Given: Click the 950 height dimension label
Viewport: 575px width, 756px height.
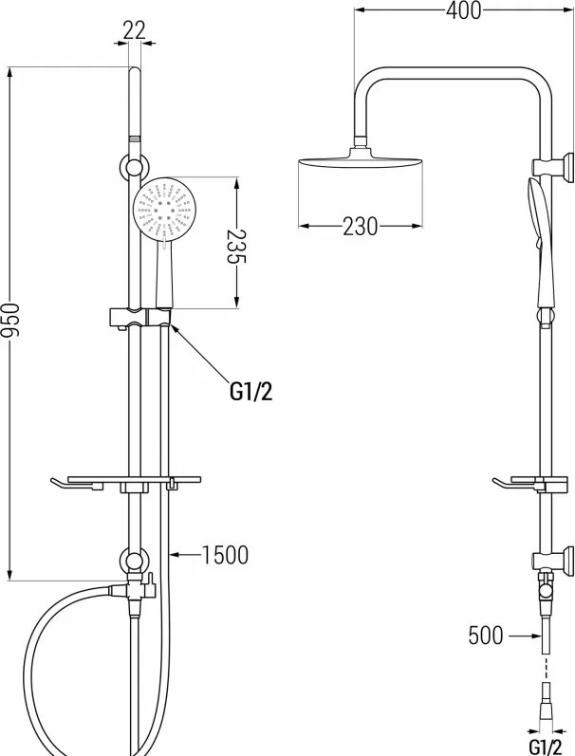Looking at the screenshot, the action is pyautogui.click(x=9, y=321).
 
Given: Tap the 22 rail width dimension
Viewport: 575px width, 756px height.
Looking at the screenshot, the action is pyautogui.click(x=134, y=31).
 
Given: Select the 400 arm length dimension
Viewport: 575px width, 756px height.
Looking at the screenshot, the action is pyautogui.click(x=463, y=10).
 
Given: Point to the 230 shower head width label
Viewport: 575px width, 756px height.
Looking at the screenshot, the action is pyautogui.click(x=361, y=226).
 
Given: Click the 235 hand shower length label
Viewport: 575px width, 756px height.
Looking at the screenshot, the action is pyautogui.click(x=236, y=247).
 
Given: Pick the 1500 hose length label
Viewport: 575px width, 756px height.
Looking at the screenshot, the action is pyautogui.click(x=224, y=555).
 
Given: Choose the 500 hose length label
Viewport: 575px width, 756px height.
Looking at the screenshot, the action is pyautogui.click(x=485, y=636).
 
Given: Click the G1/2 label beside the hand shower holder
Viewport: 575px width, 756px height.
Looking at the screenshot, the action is pyautogui.click(x=250, y=393).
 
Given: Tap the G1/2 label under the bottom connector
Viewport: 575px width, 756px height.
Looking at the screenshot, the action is pyautogui.click(x=546, y=747).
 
